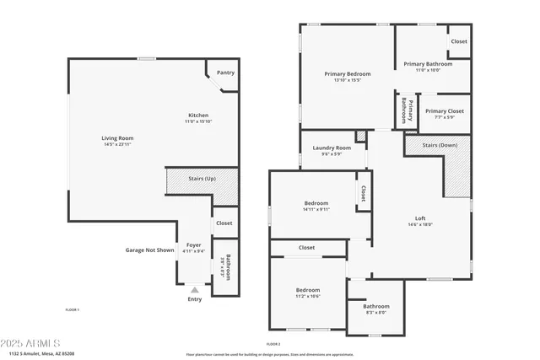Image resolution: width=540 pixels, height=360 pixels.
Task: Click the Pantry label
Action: coord(225,73)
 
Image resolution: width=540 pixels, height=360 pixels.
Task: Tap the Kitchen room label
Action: coord(198,116)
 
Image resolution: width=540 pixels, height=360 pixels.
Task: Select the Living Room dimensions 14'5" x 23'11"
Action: coord(118,145)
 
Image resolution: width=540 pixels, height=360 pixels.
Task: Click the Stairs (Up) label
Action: coord(201,180)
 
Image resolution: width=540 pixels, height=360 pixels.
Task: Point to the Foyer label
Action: coord(194,244)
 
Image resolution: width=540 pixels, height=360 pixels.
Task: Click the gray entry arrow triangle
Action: coord(194,289)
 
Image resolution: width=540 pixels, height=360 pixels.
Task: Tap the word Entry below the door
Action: coord(195,299)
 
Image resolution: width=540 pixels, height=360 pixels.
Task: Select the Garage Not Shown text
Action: coord(150,250)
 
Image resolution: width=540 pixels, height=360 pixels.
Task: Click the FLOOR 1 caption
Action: coord(73,310)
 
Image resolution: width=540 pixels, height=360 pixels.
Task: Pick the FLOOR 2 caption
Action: coord(273,344)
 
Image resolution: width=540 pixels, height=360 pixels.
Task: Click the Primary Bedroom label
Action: coord(348,74)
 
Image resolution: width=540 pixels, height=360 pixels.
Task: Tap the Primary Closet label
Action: coord(441,111)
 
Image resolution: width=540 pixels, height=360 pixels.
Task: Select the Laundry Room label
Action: coord(331,148)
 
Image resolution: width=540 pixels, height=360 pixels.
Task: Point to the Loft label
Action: coord(420,218)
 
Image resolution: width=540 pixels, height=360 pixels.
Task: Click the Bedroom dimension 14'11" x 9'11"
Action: coord(316,210)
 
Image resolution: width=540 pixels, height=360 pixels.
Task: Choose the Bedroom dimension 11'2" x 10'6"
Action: coord(308,297)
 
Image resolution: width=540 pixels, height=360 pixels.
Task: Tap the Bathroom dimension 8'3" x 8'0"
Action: coord(376,313)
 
